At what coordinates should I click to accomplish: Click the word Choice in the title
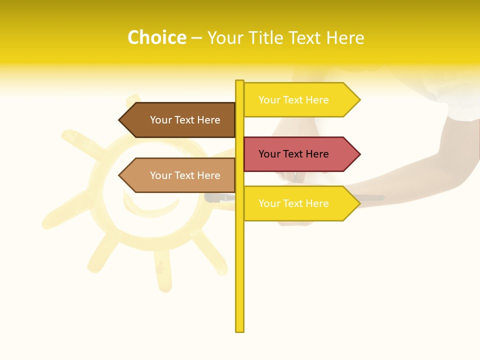[x=156, y=37]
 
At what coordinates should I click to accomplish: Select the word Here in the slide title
[x=345, y=37]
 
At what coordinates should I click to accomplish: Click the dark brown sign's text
[x=185, y=120]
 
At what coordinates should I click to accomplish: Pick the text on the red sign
[x=293, y=154]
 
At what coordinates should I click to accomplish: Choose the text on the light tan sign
[x=185, y=175]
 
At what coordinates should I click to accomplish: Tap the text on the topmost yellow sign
[x=293, y=100]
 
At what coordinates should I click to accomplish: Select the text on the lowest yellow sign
[x=293, y=203]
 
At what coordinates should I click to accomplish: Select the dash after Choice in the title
[x=196, y=38]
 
